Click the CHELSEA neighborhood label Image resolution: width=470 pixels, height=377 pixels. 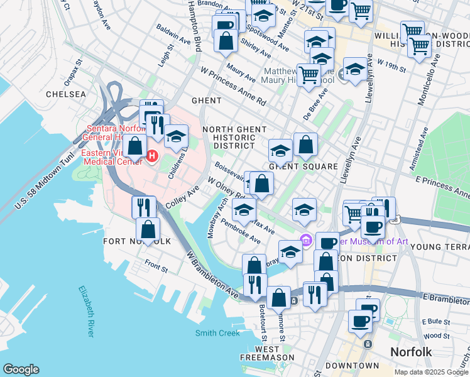[x=65, y=94]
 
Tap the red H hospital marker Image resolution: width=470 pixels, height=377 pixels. [x=151, y=155]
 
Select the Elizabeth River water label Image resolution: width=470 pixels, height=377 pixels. [x=86, y=311]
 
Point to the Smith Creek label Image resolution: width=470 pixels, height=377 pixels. [x=217, y=333]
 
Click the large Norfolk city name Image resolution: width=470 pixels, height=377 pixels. [x=411, y=351]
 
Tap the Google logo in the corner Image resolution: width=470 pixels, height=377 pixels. [x=21, y=369]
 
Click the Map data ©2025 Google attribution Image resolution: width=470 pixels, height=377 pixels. [x=430, y=372]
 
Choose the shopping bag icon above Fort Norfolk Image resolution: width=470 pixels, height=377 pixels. [x=148, y=229]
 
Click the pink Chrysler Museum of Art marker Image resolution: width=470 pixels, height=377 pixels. [x=306, y=239]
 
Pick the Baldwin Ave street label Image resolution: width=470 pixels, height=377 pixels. [x=173, y=39]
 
